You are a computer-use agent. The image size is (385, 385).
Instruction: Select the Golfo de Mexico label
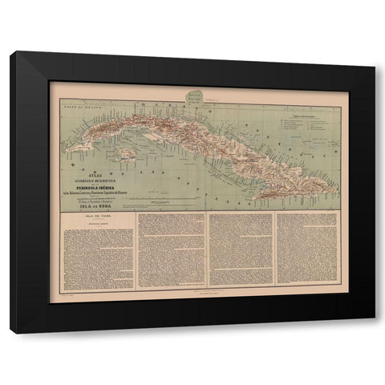pyautogui.click(x=71, y=97)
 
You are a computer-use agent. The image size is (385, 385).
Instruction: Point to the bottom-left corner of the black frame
pyautogui.click(x=10, y=330)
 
